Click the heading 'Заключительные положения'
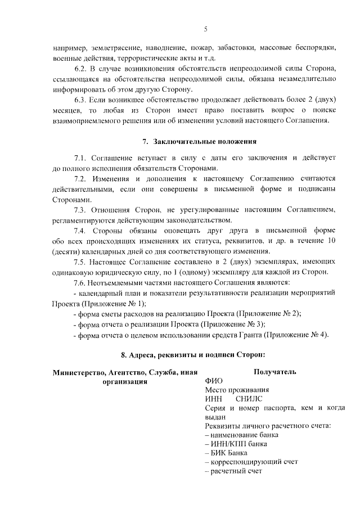pyautogui.click(x=204, y=141)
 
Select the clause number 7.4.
pyautogui.click(x=82, y=231)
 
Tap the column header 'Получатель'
pyautogui.click(x=275, y=372)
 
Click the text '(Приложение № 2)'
pyautogui.click(x=269, y=313)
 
